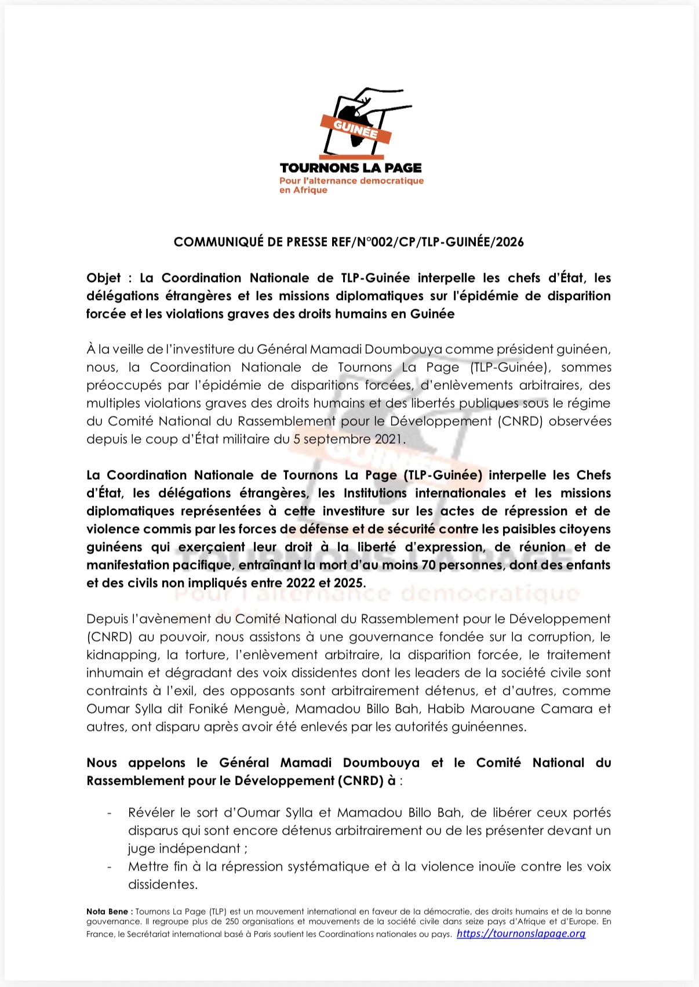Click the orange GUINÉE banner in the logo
tap(355, 129)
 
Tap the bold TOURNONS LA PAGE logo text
tap(351, 168)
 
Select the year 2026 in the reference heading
tap(510, 242)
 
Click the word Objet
tap(104, 278)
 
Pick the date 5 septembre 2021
tap(347, 439)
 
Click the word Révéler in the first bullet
tap(151, 813)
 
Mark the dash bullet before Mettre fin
tap(110, 867)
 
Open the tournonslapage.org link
tap(521, 934)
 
